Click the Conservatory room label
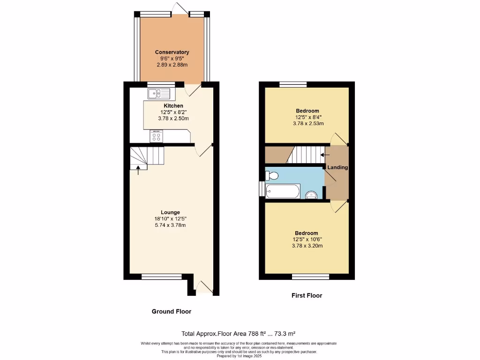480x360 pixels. coord(172,52)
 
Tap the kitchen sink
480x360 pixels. coord(156,94)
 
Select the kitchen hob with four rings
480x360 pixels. coord(156,136)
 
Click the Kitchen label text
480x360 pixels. coord(173,106)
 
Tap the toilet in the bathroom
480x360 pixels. coord(272,176)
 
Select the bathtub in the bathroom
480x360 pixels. coord(283,191)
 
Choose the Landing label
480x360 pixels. coord(337,167)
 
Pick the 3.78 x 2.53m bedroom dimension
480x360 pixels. coord(307,123)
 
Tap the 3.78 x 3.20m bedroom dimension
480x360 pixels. coord(306,246)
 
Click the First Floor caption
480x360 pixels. coord(307,295)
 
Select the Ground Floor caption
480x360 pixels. coord(172,311)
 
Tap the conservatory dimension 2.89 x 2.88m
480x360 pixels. coord(172,65)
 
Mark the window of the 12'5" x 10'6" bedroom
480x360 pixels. coord(310,277)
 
